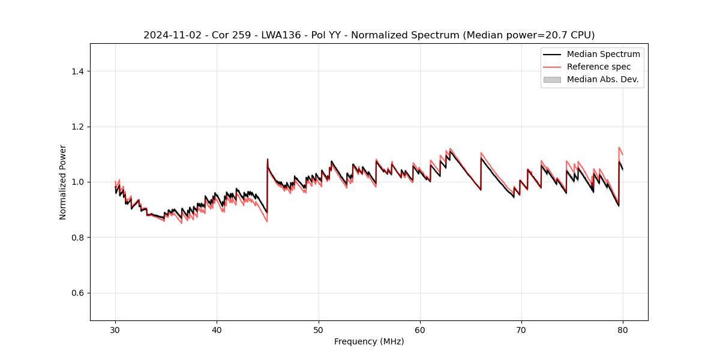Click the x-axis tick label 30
(x=115, y=329)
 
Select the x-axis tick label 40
(x=217, y=329)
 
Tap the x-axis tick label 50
(x=319, y=329)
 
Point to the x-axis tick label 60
(x=420, y=329)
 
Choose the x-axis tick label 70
(x=521, y=329)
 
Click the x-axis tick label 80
(x=623, y=329)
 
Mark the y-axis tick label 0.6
(x=77, y=293)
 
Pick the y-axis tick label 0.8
(x=77, y=238)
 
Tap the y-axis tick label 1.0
(x=77, y=182)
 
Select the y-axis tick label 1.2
(x=77, y=127)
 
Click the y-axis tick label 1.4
(x=77, y=71)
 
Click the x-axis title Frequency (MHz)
(x=369, y=341)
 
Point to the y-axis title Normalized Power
(x=63, y=182)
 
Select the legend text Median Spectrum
(x=603, y=54)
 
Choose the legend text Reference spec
(x=598, y=67)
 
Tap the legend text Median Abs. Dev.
(x=602, y=79)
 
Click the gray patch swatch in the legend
(x=552, y=79)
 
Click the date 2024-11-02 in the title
(x=170, y=35)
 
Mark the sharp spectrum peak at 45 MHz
(x=268, y=160)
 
